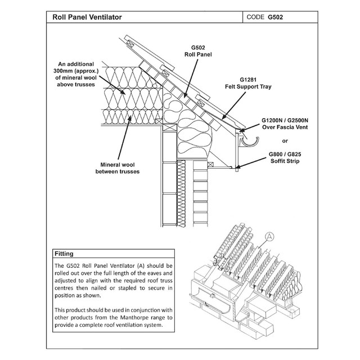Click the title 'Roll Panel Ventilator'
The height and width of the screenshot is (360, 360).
point(87,17)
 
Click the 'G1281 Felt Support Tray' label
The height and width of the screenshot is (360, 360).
point(259,84)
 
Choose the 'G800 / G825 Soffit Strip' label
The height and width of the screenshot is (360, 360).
point(284,157)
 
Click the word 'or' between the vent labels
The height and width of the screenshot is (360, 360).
point(285,141)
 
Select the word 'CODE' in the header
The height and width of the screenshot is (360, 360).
point(256,17)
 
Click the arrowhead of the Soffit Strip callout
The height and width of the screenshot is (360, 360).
point(238,166)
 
